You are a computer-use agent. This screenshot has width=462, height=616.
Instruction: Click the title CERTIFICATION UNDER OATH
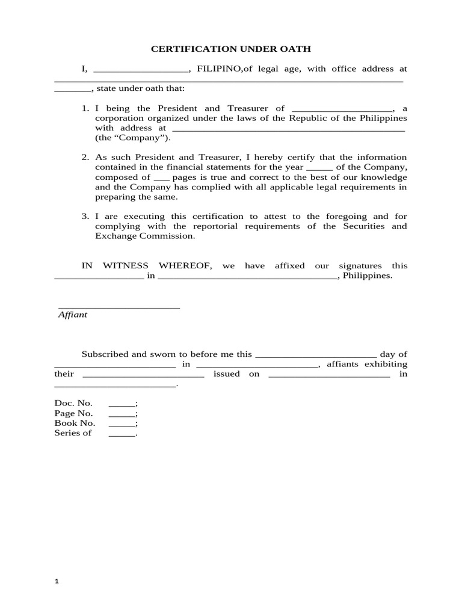pyautogui.click(x=231, y=49)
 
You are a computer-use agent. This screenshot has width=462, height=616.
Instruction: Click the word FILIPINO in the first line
pyautogui.click(x=219, y=69)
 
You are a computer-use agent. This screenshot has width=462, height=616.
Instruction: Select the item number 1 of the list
pyautogui.click(x=85, y=108)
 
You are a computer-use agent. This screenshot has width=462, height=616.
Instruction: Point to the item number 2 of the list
pyautogui.click(x=85, y=158)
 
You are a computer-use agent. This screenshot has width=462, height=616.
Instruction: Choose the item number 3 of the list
pyautogui.click(x=85, y=217)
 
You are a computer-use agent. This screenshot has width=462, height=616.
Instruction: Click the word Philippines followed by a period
pyautogui.click(x=368, y=276)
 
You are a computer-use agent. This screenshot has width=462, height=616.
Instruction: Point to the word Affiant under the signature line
pyautogui.click(x=73, y=315)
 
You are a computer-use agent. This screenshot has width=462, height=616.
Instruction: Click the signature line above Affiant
pyautogui.click(x=119, y=307)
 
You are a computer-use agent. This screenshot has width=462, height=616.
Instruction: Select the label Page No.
pyautogui.click(x=73, y=414)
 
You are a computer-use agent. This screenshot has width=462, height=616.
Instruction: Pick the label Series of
pyautogui.click(x=73, y=433)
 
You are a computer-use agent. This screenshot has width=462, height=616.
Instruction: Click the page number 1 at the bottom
pyautogui.click(x=57, y=582)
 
